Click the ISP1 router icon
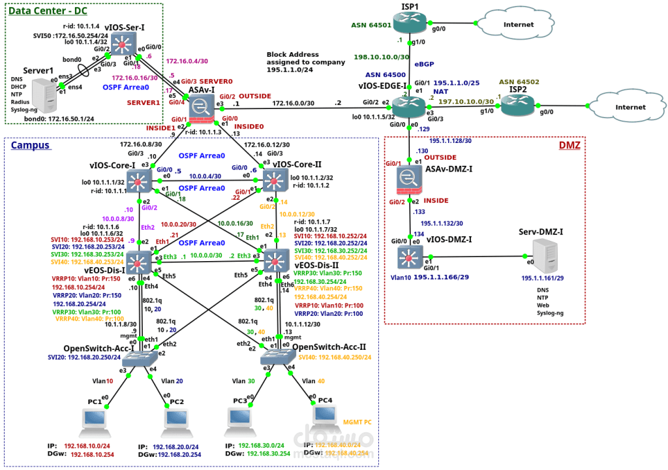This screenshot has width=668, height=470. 409,24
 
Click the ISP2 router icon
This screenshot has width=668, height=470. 517,106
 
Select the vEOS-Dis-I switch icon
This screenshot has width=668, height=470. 139,261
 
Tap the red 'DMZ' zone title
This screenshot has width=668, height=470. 569,145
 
